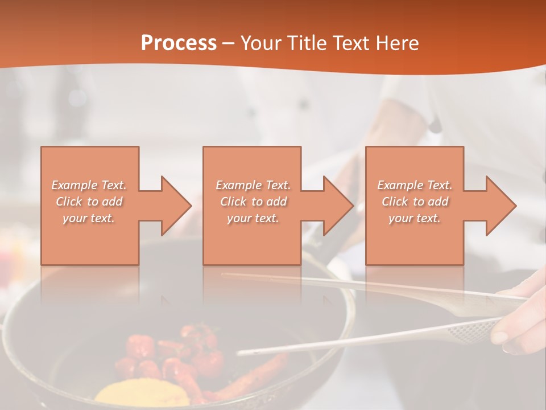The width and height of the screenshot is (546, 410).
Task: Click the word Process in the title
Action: point(179,43)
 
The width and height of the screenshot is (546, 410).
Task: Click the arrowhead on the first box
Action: point(176,206)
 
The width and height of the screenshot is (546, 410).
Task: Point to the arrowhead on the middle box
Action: point(338,206)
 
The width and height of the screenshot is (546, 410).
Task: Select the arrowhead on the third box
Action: point(500,206)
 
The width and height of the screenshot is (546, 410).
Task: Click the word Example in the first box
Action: point(75,185)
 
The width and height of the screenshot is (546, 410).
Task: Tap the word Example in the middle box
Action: point(238,185)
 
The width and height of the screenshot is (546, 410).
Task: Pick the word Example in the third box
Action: point(400,185)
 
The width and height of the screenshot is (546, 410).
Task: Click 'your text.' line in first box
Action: point(89,218)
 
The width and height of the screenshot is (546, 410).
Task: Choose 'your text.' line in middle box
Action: point(253,218)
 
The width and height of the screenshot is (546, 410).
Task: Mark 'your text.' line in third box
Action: point(415,218)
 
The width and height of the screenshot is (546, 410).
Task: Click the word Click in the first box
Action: point(69,202)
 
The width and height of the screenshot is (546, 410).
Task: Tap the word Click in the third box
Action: point(395,202)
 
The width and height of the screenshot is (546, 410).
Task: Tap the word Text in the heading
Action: point(352,43)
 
